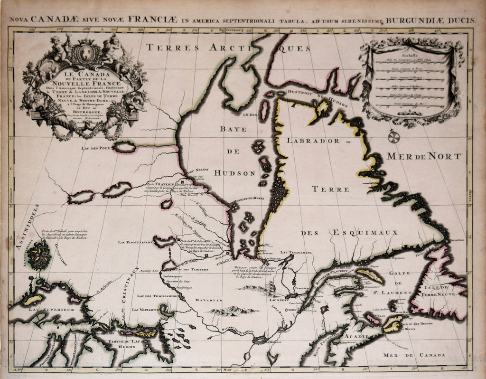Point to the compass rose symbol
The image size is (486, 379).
393,137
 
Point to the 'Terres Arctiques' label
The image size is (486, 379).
228,47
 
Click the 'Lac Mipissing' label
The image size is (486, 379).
146,310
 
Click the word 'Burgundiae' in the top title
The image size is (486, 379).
413,20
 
